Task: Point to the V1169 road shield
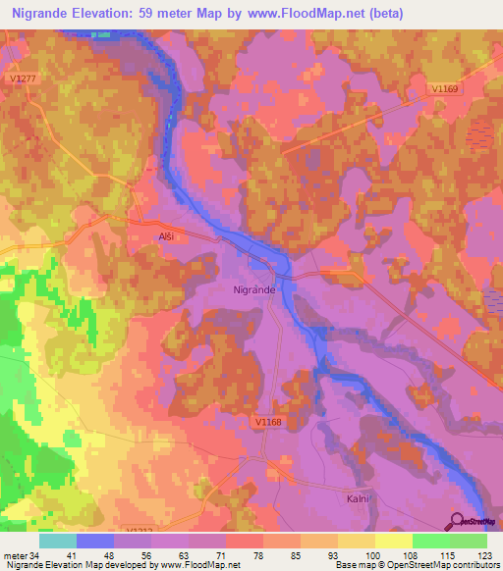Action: [x=445, y=88]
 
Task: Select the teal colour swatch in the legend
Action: [x=58, y=541]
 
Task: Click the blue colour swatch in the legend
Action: [x=95, y=541]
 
